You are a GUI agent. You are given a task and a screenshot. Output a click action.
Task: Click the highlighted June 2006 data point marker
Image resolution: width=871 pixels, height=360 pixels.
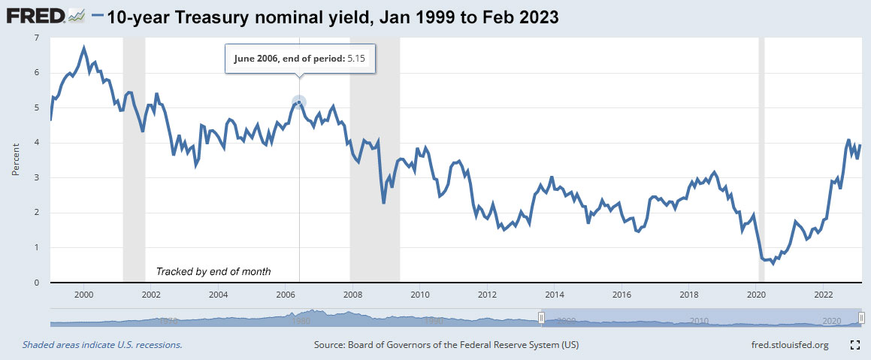point(299,102)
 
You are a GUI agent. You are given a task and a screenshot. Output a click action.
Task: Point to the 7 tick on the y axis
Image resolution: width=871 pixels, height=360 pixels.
point(38,38)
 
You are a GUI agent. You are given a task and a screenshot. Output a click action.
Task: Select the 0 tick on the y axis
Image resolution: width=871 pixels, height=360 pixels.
point(38,283)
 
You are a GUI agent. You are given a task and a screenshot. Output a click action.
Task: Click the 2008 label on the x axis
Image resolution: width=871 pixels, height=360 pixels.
point(352,295)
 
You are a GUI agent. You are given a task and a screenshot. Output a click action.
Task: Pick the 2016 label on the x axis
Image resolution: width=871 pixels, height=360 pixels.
point(621,295)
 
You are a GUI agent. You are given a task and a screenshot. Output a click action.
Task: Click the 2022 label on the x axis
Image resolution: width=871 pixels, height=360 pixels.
point(824,295)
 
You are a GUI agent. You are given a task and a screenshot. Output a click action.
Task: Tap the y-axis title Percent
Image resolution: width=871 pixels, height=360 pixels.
point(15,160)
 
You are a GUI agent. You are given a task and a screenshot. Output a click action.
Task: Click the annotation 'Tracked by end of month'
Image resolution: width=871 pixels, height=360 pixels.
point(213,271)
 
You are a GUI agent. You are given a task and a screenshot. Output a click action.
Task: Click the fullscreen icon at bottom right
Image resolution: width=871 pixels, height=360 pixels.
point(854,345)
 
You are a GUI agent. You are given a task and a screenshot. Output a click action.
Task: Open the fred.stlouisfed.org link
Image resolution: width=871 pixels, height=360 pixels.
point(785,345)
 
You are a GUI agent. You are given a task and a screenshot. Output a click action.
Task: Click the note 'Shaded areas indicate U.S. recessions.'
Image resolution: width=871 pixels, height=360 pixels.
point(102,345)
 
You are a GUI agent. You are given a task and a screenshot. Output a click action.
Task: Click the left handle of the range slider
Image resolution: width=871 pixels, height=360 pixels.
point(540,319)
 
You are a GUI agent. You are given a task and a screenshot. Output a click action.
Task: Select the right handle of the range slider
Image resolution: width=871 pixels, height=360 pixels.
point(861,319)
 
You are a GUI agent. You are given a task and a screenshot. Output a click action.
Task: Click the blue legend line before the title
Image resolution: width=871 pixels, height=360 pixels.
point(97,16)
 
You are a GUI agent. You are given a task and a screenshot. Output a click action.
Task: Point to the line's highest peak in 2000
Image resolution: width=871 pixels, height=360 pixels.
point(84,48)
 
